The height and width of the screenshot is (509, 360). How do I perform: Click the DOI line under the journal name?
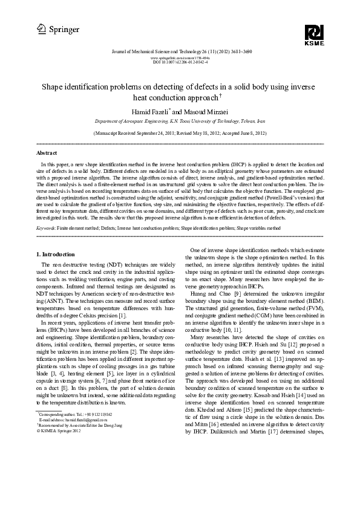tap(180, 62)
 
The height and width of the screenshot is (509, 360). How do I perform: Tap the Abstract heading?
tap(47, 154)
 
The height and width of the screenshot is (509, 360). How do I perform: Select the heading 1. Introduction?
tap(56, 254)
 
